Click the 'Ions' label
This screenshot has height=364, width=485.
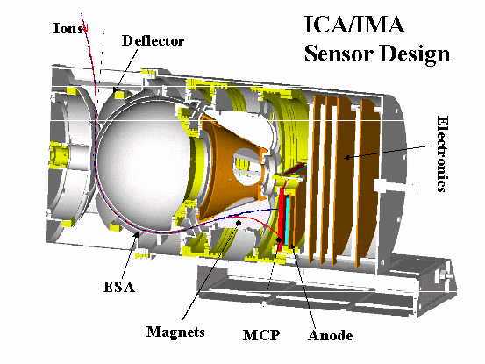tap(68, 28)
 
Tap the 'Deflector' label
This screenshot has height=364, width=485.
tap(153, 41)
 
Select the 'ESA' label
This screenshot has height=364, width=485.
tap(119, 287)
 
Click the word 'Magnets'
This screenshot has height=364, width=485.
tap(175, 332)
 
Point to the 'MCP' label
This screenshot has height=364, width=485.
tap(261, 335)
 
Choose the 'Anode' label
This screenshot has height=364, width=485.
tap(331, 335)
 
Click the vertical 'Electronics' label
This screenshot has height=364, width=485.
tap(442, 154)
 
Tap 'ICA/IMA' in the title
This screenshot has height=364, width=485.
tap(354, 25)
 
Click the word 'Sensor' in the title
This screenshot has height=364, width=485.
tap(339, 54)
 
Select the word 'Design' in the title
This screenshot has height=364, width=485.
tap(415, 54)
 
